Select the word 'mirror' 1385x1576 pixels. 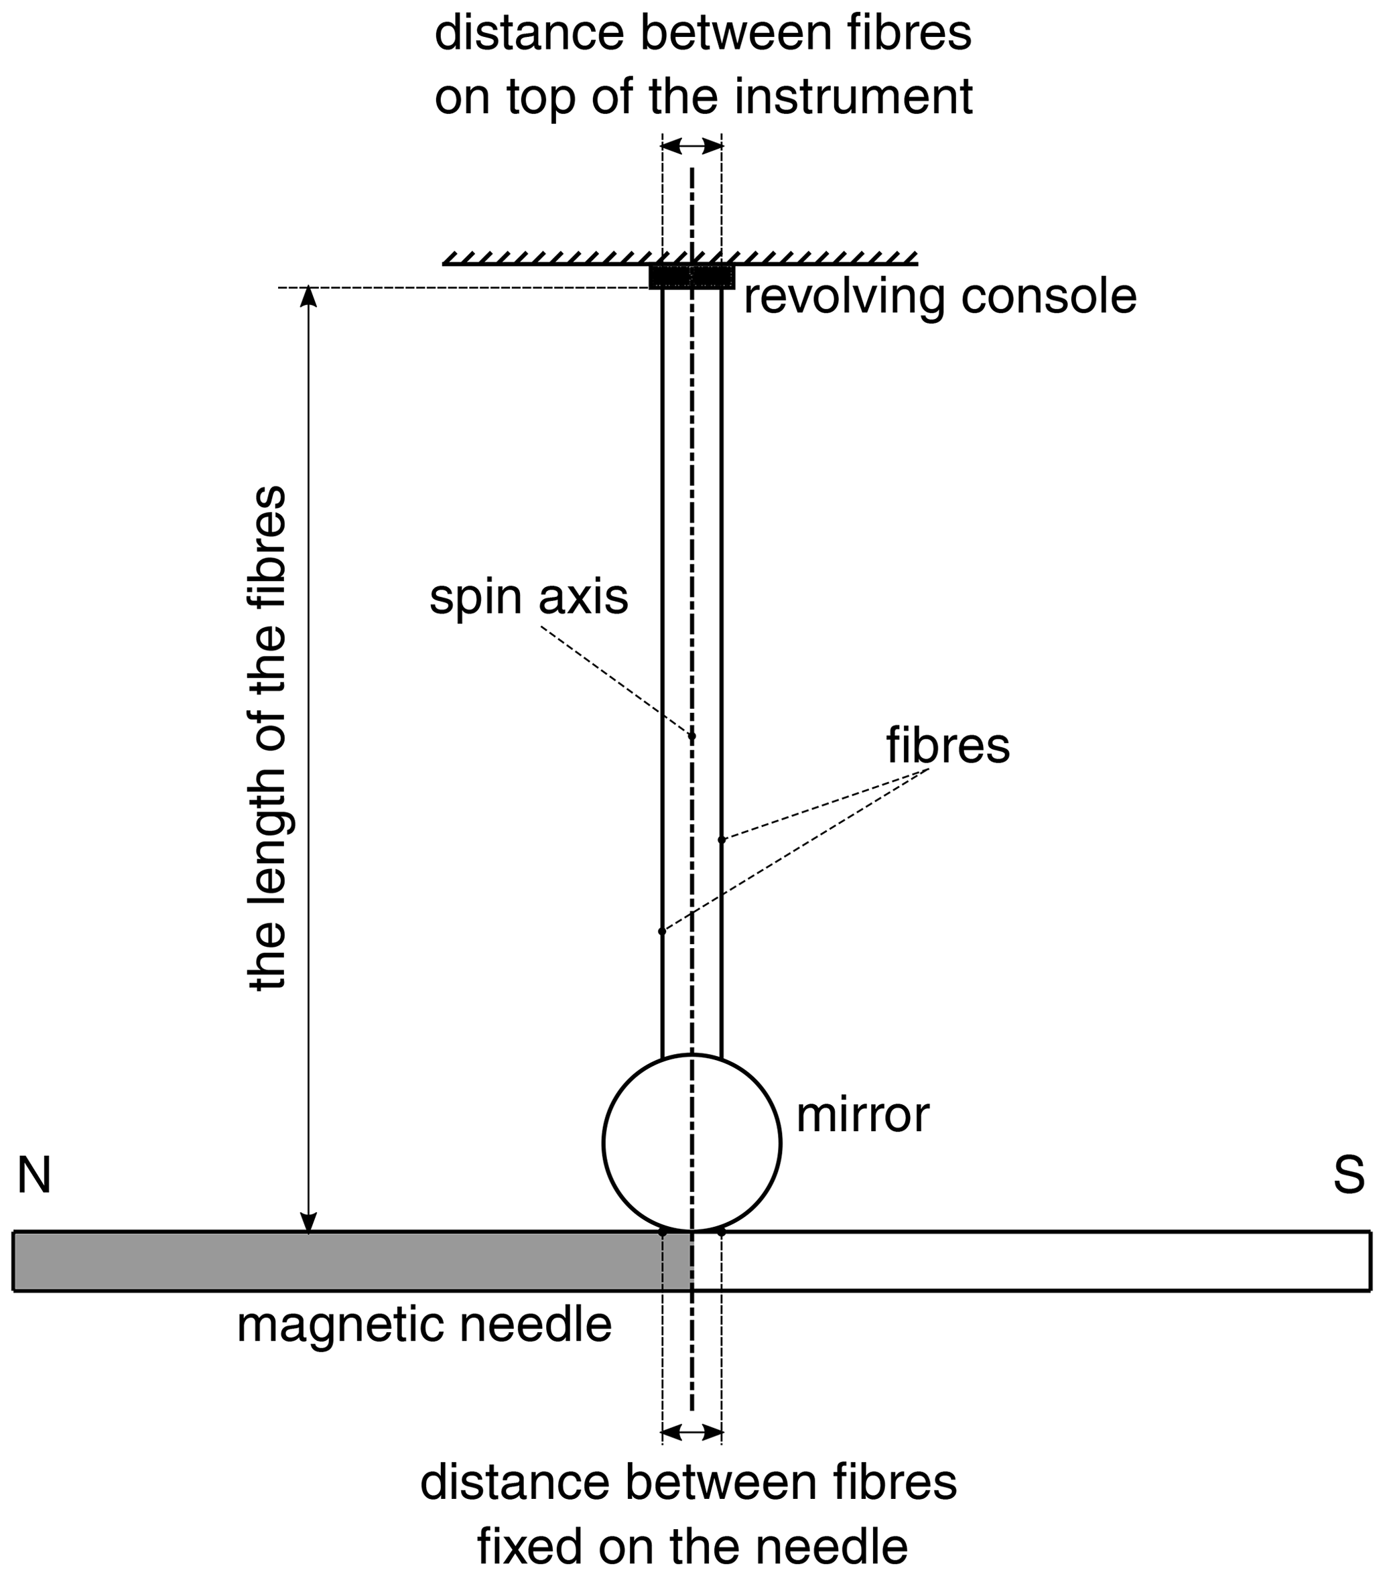pos(862,1114)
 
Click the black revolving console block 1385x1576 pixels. pos(691,276)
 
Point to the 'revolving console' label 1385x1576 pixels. pos(940,296)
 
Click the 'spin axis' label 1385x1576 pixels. pos(529,598)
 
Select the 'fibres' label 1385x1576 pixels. pos(947,746)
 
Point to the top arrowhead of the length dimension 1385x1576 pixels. pos(308,296)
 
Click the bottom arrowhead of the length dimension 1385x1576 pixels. pos(308,1222)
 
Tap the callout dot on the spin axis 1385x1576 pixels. pos(691,736)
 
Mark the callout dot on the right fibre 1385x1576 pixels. pos(722,839)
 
